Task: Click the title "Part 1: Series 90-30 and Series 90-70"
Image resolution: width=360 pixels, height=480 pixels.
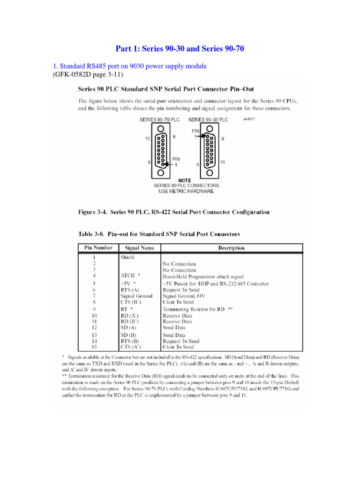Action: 180,49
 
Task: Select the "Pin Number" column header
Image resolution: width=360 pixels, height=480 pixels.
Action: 97,248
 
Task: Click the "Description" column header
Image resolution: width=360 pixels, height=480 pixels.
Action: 231,248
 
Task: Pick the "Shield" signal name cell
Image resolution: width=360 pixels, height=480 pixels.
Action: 127,257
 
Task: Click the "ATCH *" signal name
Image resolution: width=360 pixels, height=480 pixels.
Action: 131,277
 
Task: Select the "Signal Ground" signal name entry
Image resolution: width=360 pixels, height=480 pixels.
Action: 136,296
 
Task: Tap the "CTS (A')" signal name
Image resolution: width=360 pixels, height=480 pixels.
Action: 131,347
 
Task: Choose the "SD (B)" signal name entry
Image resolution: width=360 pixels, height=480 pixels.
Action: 130,335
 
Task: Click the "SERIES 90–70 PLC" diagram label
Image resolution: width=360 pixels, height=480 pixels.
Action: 160,120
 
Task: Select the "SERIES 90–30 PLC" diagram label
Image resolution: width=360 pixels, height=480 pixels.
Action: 208,120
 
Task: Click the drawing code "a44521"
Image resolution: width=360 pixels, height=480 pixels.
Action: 249,119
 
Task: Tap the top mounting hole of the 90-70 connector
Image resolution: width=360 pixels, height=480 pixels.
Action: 160,129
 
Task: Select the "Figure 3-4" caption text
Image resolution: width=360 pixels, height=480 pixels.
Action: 173,212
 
